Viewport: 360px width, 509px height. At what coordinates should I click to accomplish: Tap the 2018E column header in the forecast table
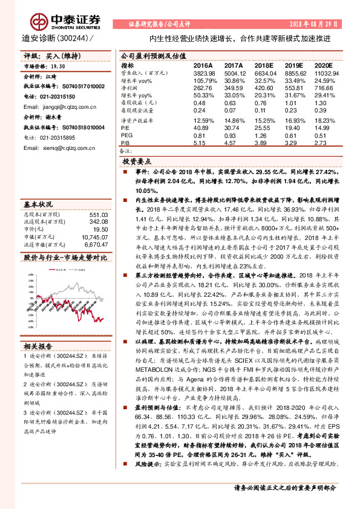(263, 64)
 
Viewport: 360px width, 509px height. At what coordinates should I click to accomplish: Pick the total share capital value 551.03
(98, 198)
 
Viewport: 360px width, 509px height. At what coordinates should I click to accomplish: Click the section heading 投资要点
(137, 163)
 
